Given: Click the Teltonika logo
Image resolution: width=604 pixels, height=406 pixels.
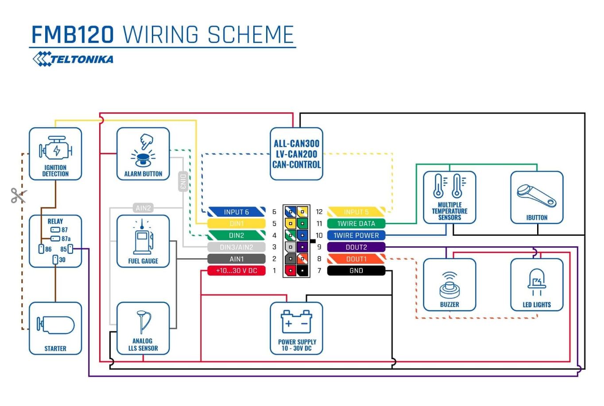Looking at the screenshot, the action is (x=73, y=59).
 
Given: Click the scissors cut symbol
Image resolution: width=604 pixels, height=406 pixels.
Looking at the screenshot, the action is (x=18, y=195).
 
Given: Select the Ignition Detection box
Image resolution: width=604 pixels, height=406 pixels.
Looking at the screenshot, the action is (x=55, y=154).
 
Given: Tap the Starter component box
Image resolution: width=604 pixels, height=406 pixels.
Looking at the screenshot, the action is (x=55, y=328).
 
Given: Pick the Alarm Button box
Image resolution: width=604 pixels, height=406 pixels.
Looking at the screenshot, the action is (x=143, y=154).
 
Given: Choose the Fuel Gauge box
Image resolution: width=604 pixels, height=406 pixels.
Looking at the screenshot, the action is (x=143, y=241).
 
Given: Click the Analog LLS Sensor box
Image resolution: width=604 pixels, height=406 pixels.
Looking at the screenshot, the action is (x=143, y=328).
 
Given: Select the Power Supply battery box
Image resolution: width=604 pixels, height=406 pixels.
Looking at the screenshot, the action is (x=296, y=328).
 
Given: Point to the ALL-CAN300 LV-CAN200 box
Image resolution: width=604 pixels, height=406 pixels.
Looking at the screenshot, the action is (x=296, y=154).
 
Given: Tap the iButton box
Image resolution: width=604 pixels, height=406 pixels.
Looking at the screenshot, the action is (x=537, y=197).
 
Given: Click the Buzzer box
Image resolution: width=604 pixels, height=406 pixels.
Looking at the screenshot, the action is (x=449, y=284).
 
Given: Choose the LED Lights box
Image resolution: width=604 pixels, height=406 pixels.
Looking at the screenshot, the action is (x=537, y=284).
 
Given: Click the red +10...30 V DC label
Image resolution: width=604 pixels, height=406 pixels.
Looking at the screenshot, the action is (x=236, y=271).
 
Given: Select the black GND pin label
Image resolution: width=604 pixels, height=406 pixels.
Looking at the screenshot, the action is (x=356, y=271).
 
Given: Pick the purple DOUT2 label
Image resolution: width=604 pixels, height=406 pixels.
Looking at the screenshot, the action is (x=356, y=247).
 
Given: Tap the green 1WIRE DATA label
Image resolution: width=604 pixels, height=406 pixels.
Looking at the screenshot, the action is (x=356, y=223).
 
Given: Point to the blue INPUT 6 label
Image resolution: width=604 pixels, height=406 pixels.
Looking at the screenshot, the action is (x=236, y=212).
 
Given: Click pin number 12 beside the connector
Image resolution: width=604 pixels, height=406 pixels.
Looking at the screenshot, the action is (x=319, y=212).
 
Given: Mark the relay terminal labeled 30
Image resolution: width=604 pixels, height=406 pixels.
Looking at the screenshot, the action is (x=55, y=260).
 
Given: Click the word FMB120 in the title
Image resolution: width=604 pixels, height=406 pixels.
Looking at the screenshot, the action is (x=73, y=34).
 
